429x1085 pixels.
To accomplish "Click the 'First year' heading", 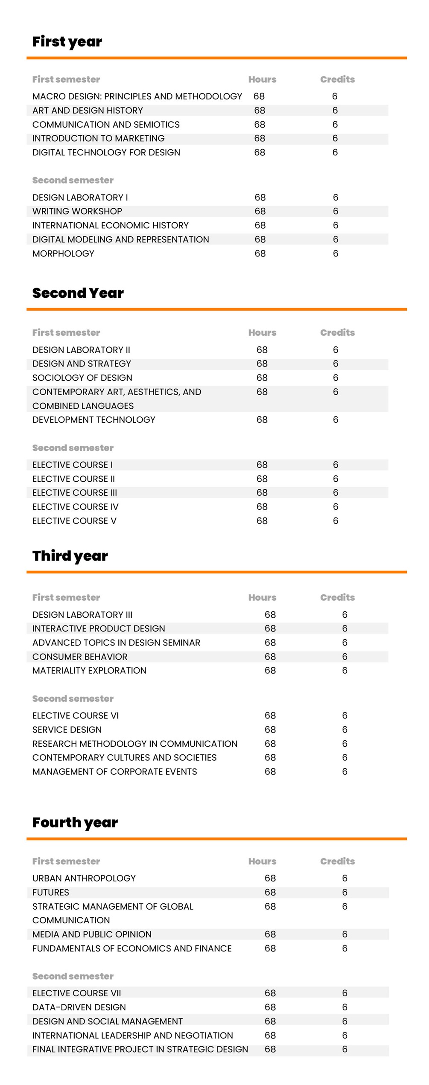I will click(67, 42).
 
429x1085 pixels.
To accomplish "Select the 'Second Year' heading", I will click(78, 293).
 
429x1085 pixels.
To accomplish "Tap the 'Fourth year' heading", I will click(75, 823).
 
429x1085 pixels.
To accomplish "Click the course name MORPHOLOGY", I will click(63, 253).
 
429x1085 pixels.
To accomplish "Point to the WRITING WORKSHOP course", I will click(77, 211).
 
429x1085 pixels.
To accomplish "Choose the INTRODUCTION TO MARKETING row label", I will click(98, 138).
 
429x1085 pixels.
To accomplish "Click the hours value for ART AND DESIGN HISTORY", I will click(260, 111).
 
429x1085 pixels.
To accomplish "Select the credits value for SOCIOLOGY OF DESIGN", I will click(336, 378).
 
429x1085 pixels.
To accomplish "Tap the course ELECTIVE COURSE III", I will click(74, 493).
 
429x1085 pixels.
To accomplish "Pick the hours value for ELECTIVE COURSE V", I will click(262, 521).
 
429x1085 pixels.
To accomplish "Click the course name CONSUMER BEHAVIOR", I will click(80, 657).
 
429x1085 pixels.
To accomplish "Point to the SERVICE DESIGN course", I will click(67, 730).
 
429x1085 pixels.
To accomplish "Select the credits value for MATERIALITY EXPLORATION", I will click(344, 671).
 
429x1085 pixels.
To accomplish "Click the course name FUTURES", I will click(50, 893).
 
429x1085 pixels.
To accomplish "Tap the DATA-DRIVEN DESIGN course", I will click(79, 1007).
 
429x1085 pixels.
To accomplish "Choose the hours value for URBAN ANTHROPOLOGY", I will click(270, 878).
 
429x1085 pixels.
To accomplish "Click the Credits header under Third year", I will click(337, 598).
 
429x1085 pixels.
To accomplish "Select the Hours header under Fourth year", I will click(262, 861).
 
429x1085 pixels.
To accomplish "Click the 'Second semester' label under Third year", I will click(73, 699).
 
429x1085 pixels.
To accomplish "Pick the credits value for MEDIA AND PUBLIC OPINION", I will click(344, 934).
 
